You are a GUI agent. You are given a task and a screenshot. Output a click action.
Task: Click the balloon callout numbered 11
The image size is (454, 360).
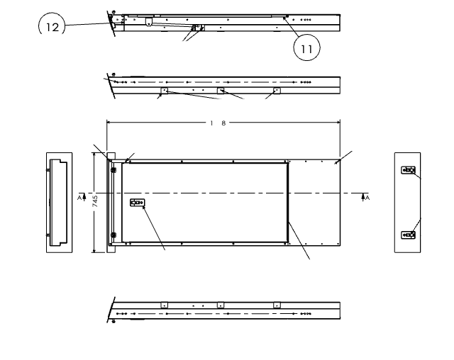coord(306,47)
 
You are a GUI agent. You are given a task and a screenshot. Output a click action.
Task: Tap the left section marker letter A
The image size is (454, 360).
coord(81,197)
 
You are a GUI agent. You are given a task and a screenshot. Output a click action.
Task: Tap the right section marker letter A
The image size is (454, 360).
coord(365,197)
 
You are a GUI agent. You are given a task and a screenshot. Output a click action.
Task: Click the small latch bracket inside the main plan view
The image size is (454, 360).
coord(137,203)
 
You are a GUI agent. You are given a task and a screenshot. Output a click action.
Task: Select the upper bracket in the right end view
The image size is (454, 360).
coord(408,171)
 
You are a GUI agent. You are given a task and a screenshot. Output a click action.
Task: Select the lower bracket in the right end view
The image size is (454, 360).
coord(408,234)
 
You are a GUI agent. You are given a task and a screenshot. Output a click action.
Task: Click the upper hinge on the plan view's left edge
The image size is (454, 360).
coord(112,169)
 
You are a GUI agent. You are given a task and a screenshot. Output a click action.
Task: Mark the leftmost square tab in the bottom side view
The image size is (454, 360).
coord(164,305)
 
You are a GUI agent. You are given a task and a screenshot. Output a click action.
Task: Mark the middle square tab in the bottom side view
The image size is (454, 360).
coord(221,305)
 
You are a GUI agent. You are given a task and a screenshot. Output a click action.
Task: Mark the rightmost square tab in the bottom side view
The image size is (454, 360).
coord(276,305)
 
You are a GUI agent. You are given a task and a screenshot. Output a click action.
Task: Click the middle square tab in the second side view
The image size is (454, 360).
coord(221,91)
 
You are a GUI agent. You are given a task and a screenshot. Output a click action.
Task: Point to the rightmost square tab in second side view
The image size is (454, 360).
coord(277,91)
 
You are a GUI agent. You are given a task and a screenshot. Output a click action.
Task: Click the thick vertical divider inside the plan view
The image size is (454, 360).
coord(288,201)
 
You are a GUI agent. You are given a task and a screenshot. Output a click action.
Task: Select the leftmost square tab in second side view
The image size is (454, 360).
coord(164,91)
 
